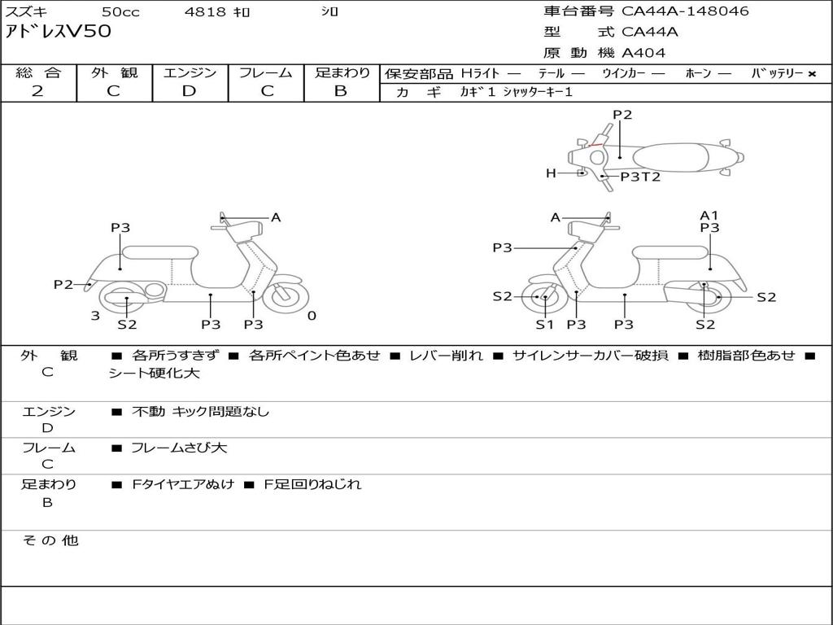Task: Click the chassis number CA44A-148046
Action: pyautogui.click(x=685, y=11)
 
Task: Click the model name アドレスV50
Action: pyautogui.click(x=59, y=33)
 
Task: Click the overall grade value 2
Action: pyautogui.click(x=37, y=91)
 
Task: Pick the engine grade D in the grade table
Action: pyautogui.click(x=190, y=91)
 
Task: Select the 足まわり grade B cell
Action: pyautogui.click(x=341, y=91)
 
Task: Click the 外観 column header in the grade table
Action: pyautogui.click(x=114, y=73)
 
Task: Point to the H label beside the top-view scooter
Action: pyautogui.click(x=551, y=173)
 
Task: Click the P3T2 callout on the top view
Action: pyautogui.click(x=640, y=177)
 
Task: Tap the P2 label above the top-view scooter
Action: pyautogui.click(x=622, y=115)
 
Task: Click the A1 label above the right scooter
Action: pyautogui.click(x=709, y=216)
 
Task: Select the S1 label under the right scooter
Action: pyautogui.click(x=544, y=325)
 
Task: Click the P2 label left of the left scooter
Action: pyautogui.click(x=63, y=285)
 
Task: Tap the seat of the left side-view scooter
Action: pyautogui.click(x=159, y=252)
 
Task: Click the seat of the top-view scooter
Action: pyautogui.click(x=677, y=155)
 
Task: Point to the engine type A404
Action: pyautogui.click(x=643, y=53)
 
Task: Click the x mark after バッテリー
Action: pyautogui.click(x=811, y=74)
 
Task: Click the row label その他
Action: pyautogui.click(x=50, y=540)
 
